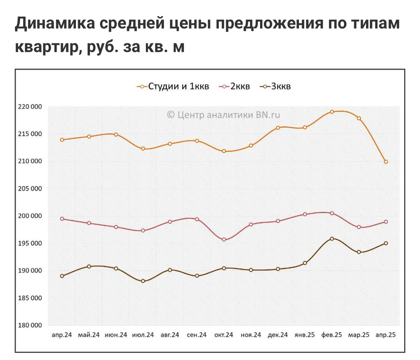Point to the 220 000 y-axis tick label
coord(30,107)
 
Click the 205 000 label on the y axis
coord(30,189)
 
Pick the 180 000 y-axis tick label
coord(30,325)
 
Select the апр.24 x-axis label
coord(62,335)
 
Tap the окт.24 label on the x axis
coord(224,335)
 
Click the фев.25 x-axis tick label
coord(331,335)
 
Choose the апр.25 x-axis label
coord(385,335)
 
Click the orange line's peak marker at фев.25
coord(332,112)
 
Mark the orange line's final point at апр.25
coord(386,162)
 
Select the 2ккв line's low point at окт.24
coord(224,240)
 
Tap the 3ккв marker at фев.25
coord(332,239)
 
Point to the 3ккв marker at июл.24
coord(143,281)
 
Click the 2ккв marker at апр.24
coord(62,219)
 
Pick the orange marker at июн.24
coord(116,134)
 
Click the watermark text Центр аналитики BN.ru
coord(224,115)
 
